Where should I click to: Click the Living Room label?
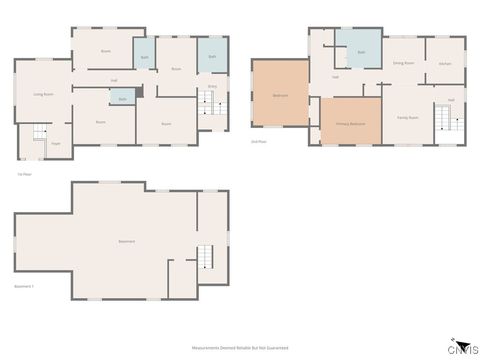point(43,94)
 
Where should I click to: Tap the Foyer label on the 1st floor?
point(56,144)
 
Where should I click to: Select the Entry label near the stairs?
point(212,88)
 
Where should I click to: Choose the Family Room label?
point(407,117)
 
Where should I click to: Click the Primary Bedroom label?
point(351,123)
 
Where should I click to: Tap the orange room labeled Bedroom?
point(281,95)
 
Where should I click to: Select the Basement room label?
point(127,241)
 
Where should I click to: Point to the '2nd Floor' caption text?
point(258,141)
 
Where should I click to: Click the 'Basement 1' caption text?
point(24,286)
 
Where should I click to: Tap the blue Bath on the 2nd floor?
point(361,52)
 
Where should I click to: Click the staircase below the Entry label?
point(212,109)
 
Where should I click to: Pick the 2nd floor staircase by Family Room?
point(446,119)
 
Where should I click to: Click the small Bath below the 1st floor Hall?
point(122,99)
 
